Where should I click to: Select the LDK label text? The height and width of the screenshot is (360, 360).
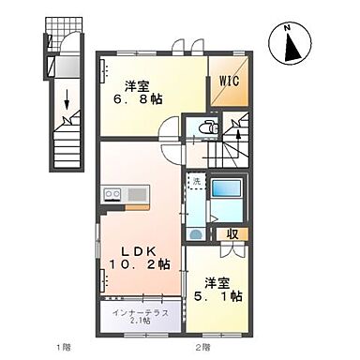[x=139, y=249]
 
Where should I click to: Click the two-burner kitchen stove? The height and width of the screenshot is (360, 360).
[x=112, y=195]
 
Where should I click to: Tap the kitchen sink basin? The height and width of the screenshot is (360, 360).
[x=136, y=195]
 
